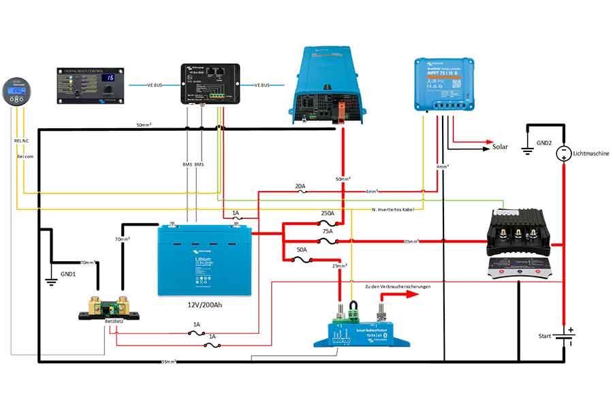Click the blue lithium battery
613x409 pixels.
tap(204, 260)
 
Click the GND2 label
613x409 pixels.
tap(544, 144)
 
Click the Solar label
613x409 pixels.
tap(500, 147)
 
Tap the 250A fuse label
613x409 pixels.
tap(328, 213)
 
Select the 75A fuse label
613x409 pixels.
tap(328, 231)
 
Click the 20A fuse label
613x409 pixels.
tap(300, 185)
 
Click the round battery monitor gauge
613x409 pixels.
tap(16, 91)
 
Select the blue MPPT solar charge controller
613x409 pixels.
tap(443, 84)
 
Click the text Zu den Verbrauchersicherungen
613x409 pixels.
tap(397, 287)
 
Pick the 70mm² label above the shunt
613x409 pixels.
tap(123, 239)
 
